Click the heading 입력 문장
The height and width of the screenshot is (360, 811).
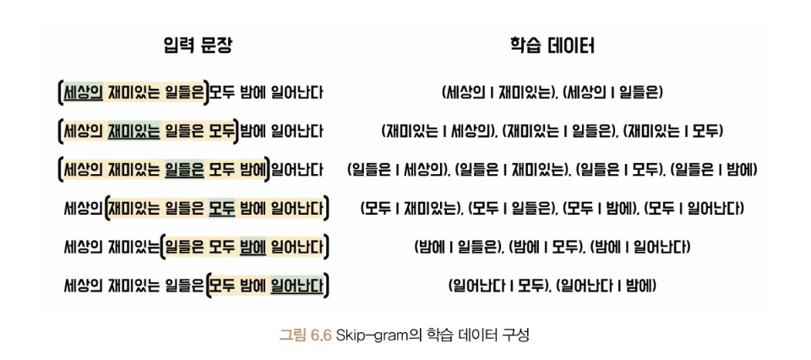pos(197,46)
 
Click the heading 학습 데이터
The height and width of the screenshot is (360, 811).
pos(552,46)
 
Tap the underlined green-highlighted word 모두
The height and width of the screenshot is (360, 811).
pos(222,209)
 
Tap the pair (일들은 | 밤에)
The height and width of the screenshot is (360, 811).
pos(714,170)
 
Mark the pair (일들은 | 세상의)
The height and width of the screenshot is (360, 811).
pos(397,170)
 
